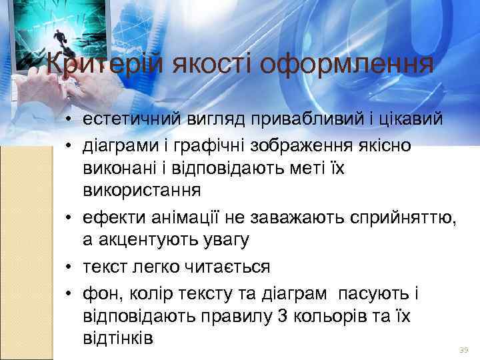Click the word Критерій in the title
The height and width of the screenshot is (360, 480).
click(x=106, y=65)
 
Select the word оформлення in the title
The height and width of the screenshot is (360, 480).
click(x=347, y=65)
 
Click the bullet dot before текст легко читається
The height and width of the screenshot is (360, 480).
click(x=69, y=267)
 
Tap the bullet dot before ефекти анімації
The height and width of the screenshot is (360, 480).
click(x=69, y=217)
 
